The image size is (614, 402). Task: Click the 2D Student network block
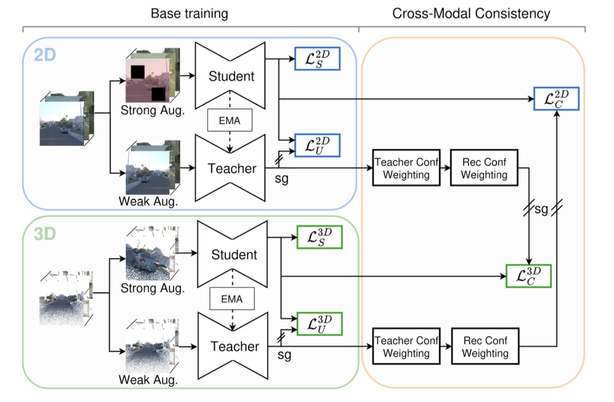pos(231,76)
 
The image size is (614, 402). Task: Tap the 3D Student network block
pos(234,255)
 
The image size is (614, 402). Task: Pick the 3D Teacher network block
pos(235,347)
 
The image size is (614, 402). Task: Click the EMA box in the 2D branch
pos(231,121)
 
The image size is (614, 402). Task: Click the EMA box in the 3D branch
pos(232,299)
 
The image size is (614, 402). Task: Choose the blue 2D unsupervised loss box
pos(318,145)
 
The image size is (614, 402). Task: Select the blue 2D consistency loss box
pos(557,98)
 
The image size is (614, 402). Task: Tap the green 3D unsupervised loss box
pos(320,323)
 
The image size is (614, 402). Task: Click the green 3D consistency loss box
pos(528,275)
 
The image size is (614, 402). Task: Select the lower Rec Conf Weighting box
pos(485,347)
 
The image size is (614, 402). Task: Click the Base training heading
pos(189,13)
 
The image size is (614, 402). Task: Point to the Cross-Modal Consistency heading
pos(472,13)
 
